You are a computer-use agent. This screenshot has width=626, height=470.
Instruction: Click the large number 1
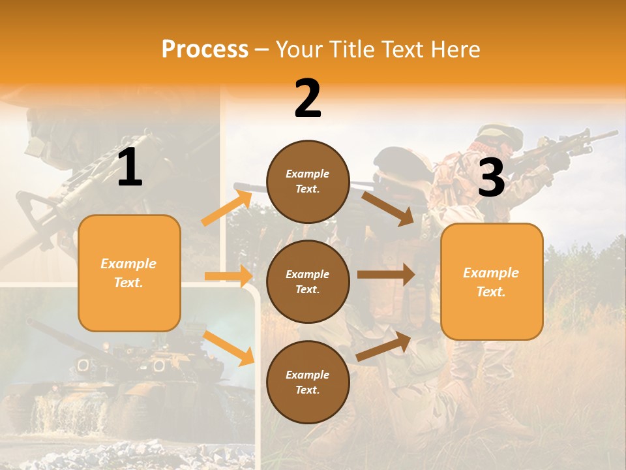(130, 168)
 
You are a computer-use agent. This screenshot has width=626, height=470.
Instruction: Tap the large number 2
(308, 99)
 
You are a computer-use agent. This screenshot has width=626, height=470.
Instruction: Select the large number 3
(492, 178)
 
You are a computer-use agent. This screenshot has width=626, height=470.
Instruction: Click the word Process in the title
(205, 49)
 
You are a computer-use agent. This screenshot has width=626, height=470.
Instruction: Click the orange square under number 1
(129, 273)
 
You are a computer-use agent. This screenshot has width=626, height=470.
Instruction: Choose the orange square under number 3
(492, 281)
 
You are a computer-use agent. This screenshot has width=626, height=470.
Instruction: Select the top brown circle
(308, 181)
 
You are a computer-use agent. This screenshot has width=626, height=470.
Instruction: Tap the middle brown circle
(308, 281)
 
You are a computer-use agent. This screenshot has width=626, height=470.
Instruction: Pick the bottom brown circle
(308, 382)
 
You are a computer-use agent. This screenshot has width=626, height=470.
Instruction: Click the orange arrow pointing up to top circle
(226, 208)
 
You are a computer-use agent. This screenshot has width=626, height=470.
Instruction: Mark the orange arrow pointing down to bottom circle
(229, 348)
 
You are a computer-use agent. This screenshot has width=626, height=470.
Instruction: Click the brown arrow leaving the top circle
(388, 208)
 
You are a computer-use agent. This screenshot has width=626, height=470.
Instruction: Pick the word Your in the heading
(297, 49)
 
